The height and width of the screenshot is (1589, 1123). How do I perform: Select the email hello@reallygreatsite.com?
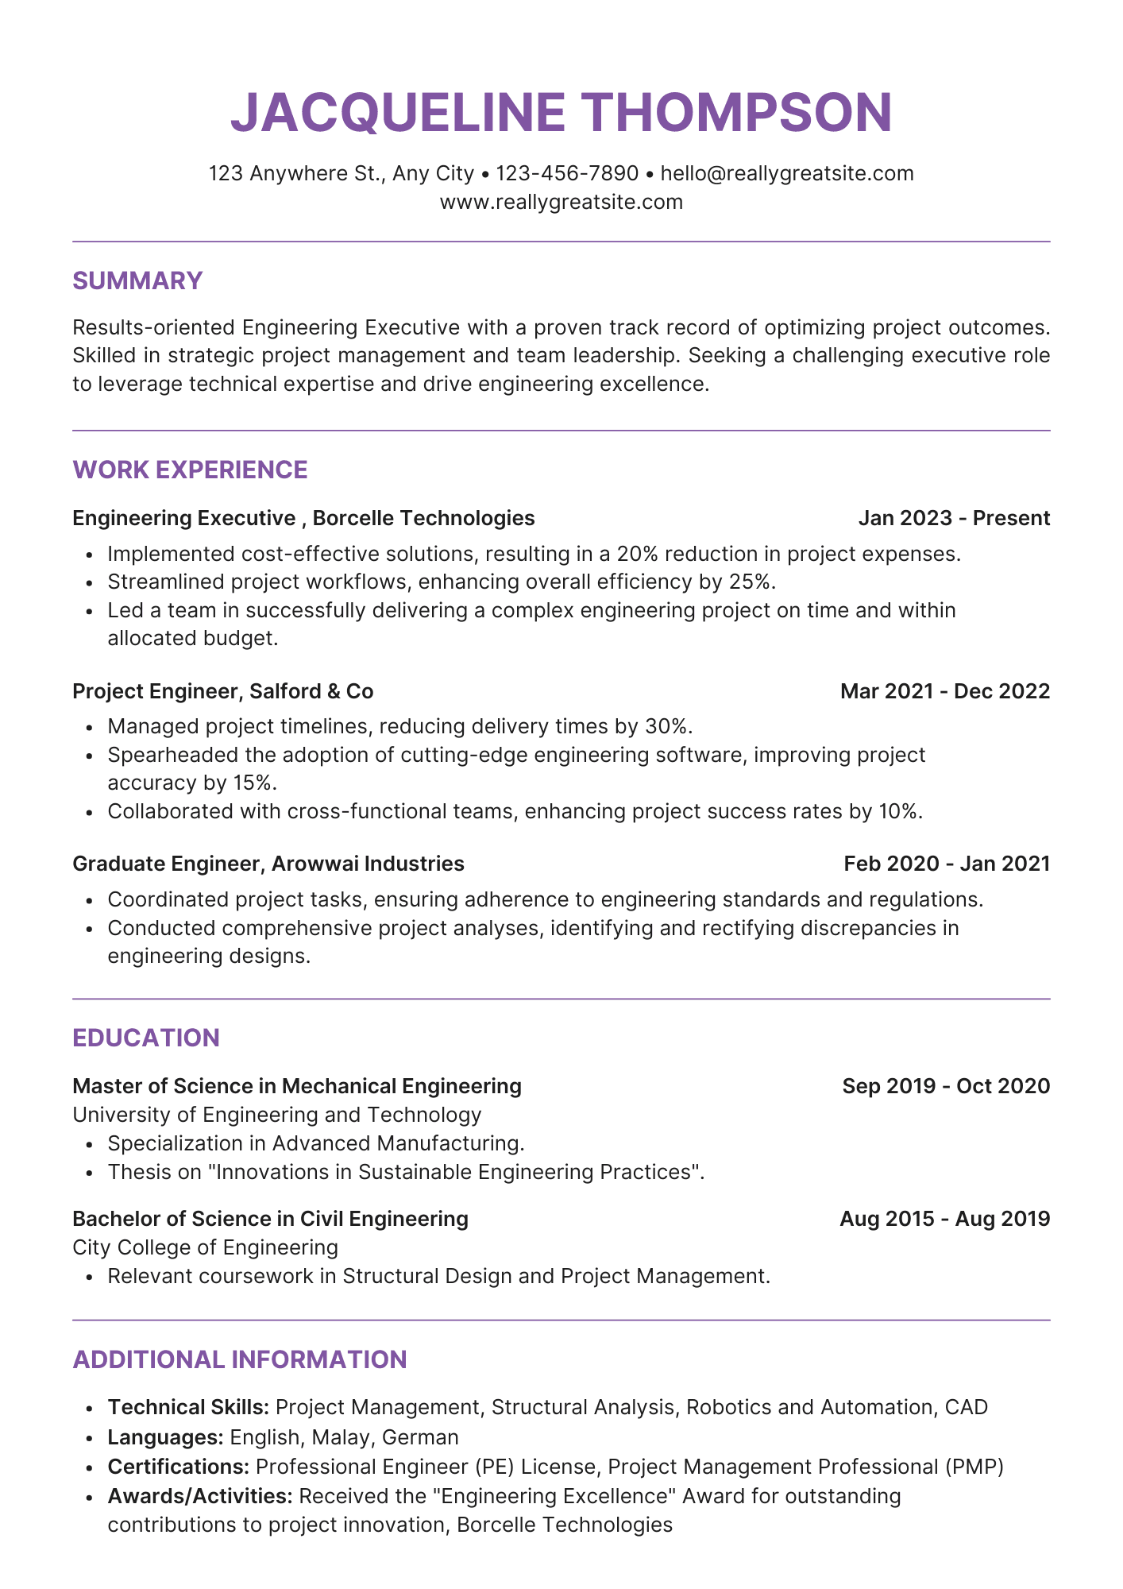point(786,173)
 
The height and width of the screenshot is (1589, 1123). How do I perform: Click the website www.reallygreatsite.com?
point(561,202)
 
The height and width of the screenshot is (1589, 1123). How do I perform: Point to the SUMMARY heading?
point(137,280)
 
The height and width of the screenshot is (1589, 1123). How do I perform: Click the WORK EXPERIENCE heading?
point(190,470)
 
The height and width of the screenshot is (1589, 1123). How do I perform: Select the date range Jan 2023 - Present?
point(954,518)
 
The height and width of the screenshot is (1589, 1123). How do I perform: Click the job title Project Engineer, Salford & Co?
point(222,691)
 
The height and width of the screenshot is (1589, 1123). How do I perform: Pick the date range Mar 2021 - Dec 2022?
point(945,691)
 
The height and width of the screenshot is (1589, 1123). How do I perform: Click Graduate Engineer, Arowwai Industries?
point(268,864)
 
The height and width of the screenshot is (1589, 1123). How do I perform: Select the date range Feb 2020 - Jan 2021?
point(947,864)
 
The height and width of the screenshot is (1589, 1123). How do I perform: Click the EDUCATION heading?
point(146,1038)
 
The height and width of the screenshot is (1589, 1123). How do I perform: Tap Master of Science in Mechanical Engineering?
point(296,1086)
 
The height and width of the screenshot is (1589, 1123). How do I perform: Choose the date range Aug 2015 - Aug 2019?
point(944,1219)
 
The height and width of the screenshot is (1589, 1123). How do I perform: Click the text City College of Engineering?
point(205,1247)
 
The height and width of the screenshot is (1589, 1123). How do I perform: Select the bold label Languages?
point(165,1437)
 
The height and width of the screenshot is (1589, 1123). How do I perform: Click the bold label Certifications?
point(179,1467)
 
